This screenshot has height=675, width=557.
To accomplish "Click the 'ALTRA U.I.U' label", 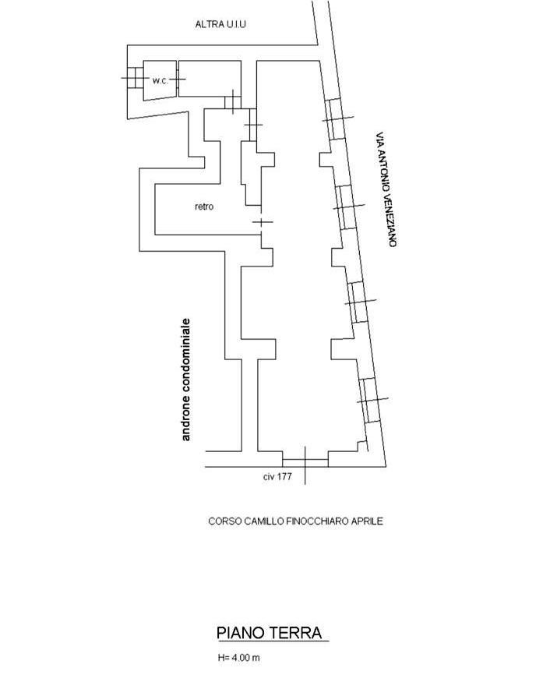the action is coord(220,24).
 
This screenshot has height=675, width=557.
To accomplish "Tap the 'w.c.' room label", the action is coord(160,80).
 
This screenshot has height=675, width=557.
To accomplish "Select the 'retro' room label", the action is coord(204,207).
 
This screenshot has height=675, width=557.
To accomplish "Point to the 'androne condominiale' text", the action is coord(186,380).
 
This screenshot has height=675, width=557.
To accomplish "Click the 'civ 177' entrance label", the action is coord(277,476).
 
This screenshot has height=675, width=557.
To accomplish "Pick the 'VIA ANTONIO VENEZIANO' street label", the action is coord(385,189).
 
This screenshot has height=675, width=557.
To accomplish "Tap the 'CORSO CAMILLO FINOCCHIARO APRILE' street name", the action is coord(295,521).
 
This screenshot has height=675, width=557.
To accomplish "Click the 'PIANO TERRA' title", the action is coord(270,633).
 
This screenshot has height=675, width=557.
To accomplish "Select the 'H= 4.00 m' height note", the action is coord(238,658).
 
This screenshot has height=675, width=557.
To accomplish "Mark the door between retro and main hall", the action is coord(261,222).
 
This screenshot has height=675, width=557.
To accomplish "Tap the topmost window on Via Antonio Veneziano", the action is coord(336,118).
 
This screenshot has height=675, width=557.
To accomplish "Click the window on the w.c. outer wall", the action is coord(135,78).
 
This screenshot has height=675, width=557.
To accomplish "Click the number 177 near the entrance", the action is coord(284,476).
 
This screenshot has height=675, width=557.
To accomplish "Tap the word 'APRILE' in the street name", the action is coord(368,521).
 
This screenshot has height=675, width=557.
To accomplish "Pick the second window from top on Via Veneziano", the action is coord(347,207).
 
